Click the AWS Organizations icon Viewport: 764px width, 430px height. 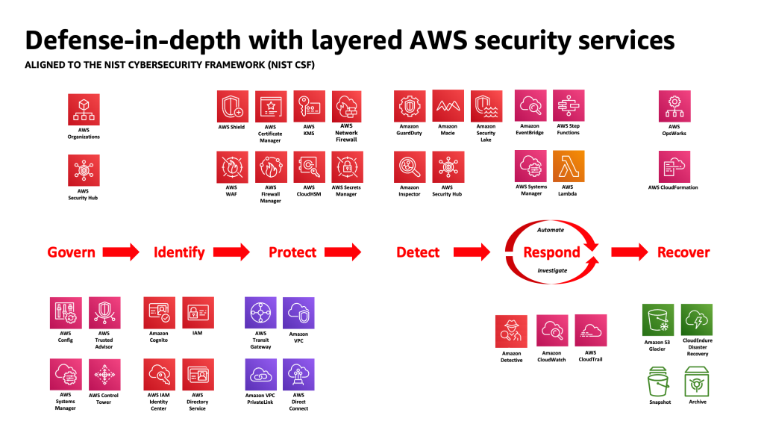pos(84,110)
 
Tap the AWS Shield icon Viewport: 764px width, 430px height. pos(232,106)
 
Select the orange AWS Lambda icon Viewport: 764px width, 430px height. pos(569,166)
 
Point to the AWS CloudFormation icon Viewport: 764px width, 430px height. pos(674,166)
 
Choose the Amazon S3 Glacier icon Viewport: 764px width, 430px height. pos(657,320)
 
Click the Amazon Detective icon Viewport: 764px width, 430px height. pos(511,331)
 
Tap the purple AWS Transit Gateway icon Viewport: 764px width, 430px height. pos(260,313)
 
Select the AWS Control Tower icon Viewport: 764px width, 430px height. pos(104,375)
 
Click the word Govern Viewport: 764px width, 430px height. pos(71,252)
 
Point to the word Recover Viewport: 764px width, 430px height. pos(683,252)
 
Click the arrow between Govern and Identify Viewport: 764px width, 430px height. pos(120,252)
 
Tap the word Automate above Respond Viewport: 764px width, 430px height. pos(551,230)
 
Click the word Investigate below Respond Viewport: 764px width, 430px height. pos(552,270)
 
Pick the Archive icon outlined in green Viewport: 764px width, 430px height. pos(698,381)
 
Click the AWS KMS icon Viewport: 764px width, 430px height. pos(309,106)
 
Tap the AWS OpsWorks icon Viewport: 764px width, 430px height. pos(674,106)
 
